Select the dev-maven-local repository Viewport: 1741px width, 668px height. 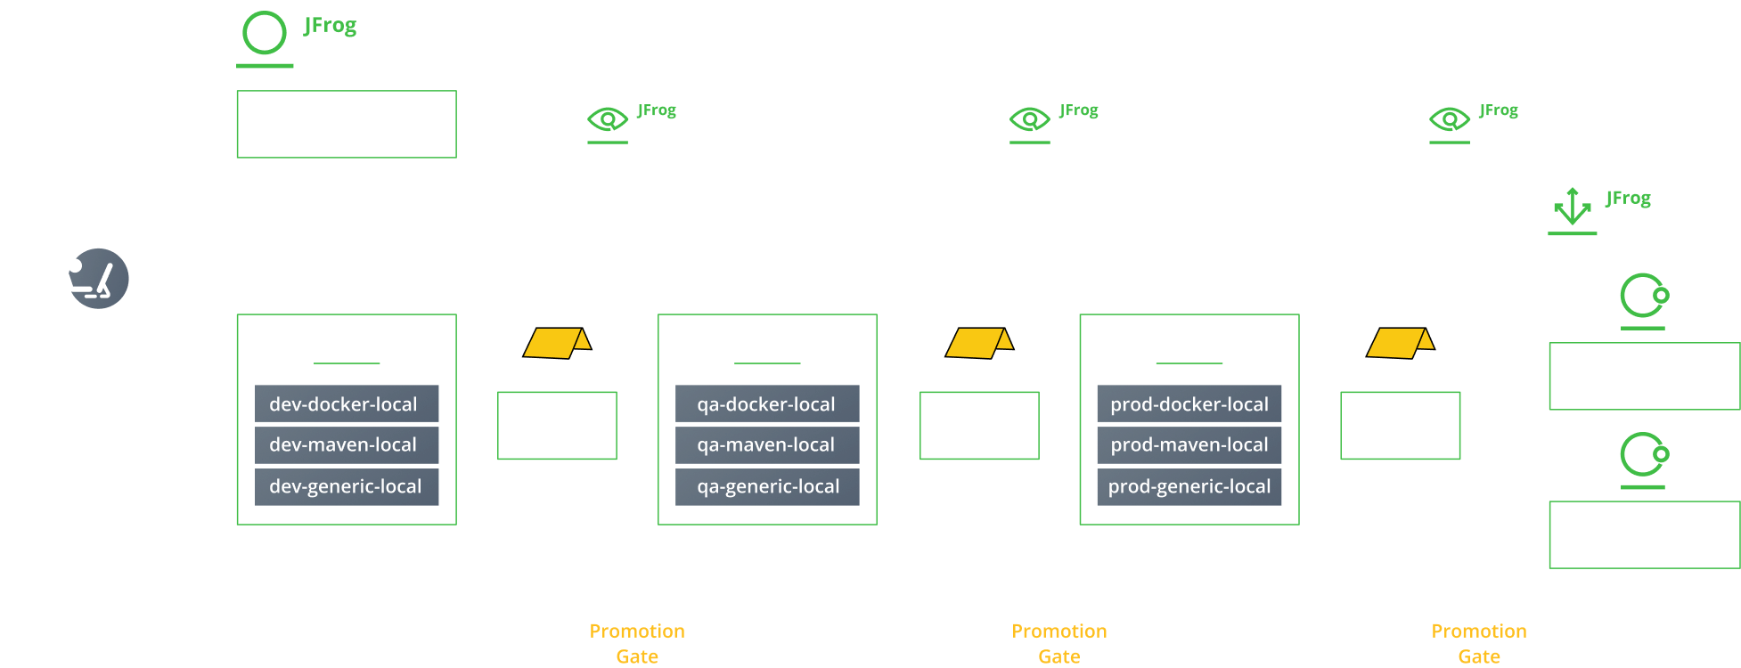click(x=347, y=444)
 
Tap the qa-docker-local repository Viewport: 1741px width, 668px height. click(x=766, y=403)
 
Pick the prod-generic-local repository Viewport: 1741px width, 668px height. click(x=1189, y=486)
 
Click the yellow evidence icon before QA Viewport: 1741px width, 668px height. click(x=556, y=342)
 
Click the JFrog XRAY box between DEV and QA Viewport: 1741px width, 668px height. click(x=638, y=124)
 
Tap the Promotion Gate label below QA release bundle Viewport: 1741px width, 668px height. click(x=1058, y=643)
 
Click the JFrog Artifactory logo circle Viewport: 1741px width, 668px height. click(x=265, y=34)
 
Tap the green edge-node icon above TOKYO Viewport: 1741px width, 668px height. click(x=1643, y=299)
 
